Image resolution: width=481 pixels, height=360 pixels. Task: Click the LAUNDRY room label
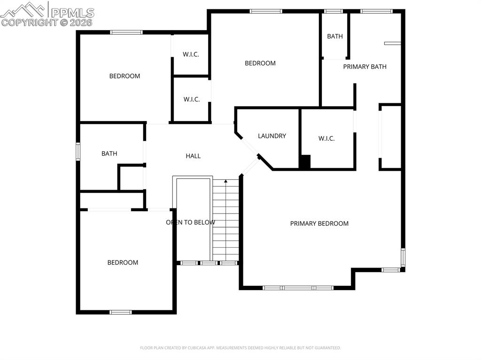click(272, 136)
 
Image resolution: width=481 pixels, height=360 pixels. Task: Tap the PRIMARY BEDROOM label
click(319, 223)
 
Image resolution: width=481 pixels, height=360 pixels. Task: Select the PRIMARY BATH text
click(365, 67)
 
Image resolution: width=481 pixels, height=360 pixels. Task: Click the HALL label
click(193, 156)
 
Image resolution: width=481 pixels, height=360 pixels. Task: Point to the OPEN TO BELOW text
click(190, 222)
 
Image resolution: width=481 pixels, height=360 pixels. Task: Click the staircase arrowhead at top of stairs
click(225, 181)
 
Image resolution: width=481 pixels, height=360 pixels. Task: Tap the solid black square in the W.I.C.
click(305, 162)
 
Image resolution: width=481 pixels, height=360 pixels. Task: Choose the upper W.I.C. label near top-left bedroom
click(191, 54)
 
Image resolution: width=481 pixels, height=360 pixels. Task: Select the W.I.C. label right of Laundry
click(326, 138)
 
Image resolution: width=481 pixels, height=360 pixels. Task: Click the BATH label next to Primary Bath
click(335, 36)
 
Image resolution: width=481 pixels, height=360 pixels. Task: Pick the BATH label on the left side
click(109, 153)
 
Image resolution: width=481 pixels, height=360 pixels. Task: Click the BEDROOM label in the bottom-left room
click(123, 262)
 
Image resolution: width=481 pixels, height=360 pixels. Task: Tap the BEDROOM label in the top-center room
click(260, 63)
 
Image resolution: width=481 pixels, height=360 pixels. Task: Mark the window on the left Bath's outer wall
click(78, 152)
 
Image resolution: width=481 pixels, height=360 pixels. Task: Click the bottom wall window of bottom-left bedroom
click(121, 312)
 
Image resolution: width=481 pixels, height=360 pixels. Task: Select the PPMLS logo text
click(72, 13)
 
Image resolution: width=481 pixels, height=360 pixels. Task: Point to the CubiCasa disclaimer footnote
click(240, 348)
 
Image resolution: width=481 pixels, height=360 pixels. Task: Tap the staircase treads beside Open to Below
click(226, 221)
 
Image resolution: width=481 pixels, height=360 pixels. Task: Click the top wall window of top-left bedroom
click(126, 32)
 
